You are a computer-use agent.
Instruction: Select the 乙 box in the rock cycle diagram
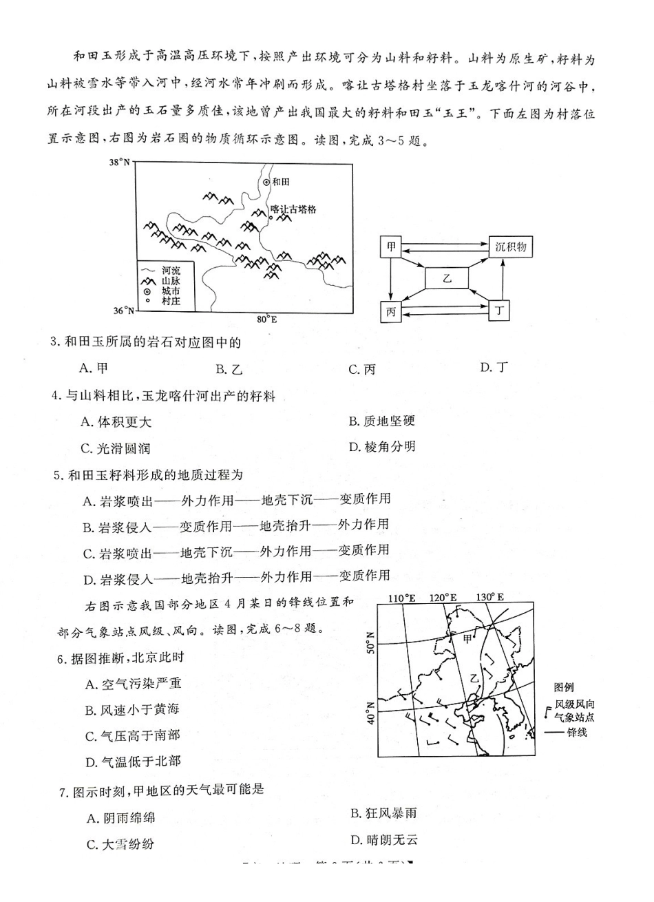[x=446, y=279]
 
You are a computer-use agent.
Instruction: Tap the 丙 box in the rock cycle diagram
[x=391, y=312]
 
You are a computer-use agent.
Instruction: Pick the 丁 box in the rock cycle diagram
[x=499, y=311]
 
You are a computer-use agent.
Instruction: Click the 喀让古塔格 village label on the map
[x=293, y=209]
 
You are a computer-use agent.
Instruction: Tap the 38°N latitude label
[x=120, y=162]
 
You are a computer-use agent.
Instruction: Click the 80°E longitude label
[x=266, y=319]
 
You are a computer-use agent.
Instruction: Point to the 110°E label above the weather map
[x=402, y=598]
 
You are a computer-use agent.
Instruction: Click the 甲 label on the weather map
[x=467, y=638]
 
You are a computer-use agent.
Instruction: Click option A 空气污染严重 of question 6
[x=134, y=684]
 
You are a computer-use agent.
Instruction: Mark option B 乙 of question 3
[x=229, y=370]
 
